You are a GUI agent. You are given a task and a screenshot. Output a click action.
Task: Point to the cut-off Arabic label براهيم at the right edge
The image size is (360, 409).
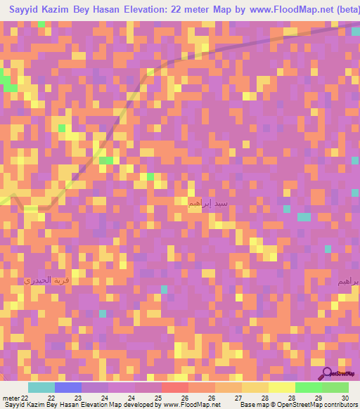[348, 281]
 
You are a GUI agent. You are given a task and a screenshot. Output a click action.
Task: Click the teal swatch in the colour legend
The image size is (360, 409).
[41, 387]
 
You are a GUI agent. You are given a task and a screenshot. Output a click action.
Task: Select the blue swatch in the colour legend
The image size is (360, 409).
[68, 387]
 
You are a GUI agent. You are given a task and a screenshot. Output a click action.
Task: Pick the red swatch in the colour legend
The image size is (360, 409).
[175, 387]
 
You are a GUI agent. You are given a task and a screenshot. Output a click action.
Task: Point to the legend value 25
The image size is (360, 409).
[157, 398]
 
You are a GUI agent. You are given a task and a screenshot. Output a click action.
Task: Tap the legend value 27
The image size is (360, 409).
[238, 398]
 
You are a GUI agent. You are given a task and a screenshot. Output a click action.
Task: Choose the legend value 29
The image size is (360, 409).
[318, 398]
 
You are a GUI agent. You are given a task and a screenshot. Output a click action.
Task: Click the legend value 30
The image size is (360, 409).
[345, 398]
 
